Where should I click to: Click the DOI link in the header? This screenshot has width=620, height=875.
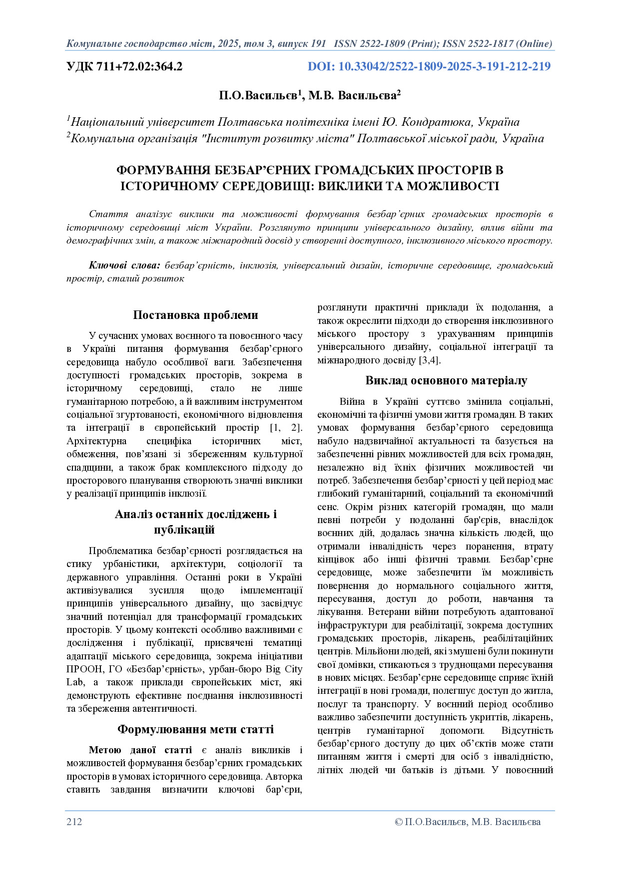pyautogui.click(x=429, y=66)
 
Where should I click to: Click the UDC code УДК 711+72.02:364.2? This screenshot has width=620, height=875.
pyautogui.click(x=124, y=66)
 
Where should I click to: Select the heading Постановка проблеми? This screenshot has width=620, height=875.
pyautogui.click(x=195, y=315)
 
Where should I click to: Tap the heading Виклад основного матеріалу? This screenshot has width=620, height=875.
pyautogui.click(x=446, y=381)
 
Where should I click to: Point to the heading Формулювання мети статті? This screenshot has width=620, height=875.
pyautogui.click(x=195, y=729)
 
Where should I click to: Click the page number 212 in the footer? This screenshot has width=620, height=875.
pyautogui.click(x=74, y=822)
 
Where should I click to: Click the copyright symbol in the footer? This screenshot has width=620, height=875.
pyautogui.click(x=398, y=822)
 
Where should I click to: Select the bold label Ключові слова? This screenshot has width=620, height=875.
pyautogui.click(x=124, y=266)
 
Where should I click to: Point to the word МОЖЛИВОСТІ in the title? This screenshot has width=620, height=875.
pyautogui.click(x=453, y=186)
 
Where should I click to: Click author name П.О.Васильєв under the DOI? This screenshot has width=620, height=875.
pyautogui.click(x=258, y=95)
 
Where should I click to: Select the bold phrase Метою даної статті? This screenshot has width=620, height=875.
pyautogui.click(x=140, y=750)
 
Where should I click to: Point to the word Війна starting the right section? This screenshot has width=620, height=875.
pyautogui.click(x=353, y=401)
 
